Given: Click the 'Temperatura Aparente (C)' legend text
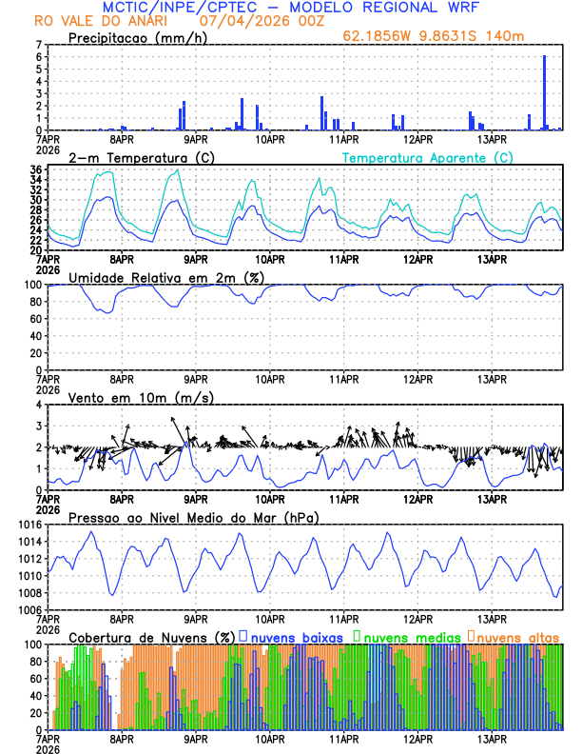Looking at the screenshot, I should tap(427, 157).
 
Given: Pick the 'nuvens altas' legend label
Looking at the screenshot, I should tap(517, 636).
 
